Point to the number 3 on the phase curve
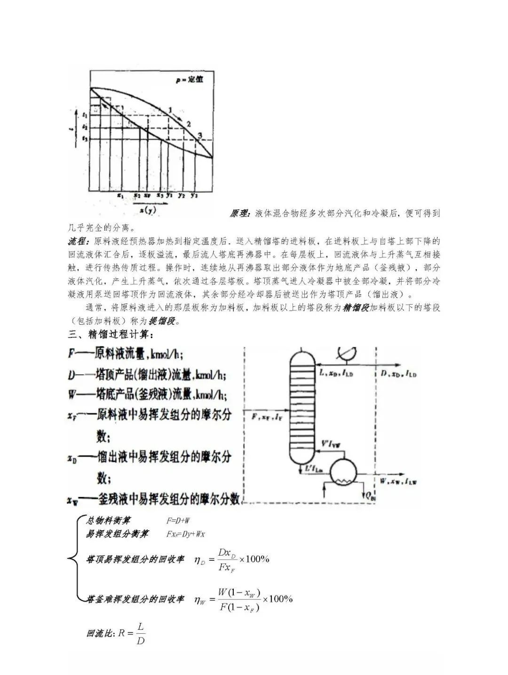(200, 136)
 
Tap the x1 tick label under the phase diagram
(120, 194)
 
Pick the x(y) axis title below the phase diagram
(145, 210)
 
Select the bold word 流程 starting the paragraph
(79, 241)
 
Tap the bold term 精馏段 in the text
(356, 308)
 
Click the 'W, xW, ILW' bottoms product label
(398, 481)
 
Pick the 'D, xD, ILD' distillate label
(398, 374)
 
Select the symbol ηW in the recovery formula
(199, 599)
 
